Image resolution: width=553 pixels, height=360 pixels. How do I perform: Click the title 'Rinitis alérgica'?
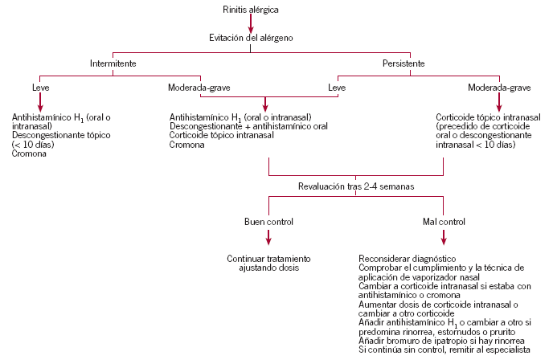point(251,10)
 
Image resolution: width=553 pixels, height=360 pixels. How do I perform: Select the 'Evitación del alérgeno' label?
point(251,38)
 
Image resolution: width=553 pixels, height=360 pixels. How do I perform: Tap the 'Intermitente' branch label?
point(112,63)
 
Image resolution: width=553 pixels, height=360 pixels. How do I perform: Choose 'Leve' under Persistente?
point(338,87)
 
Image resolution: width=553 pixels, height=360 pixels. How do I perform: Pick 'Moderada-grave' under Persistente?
point(499,87)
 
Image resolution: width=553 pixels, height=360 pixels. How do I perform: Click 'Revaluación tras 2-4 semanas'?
point(357,187)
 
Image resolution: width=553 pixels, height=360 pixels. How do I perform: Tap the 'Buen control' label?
point(268,221)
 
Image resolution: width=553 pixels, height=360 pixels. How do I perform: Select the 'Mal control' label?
point(444,221)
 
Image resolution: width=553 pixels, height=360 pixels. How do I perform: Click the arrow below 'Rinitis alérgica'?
point(251,22)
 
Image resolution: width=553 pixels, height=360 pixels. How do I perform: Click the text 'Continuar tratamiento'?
point(268,259)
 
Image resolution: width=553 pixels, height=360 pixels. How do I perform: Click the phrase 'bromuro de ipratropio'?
point(424,342)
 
